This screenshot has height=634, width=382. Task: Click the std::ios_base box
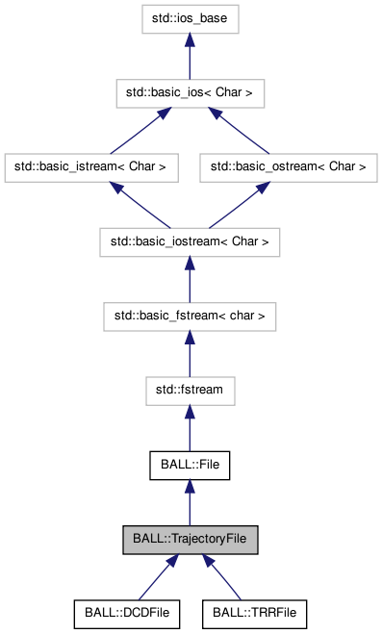190,18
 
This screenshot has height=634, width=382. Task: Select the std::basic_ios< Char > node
190,93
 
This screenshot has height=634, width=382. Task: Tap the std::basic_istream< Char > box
91,166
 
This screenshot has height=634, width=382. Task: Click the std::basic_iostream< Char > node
190,241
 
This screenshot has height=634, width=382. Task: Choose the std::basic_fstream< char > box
190,316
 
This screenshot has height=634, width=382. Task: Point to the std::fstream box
190,391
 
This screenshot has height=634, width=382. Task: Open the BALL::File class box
190,465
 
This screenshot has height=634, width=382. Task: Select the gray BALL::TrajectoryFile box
190,540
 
